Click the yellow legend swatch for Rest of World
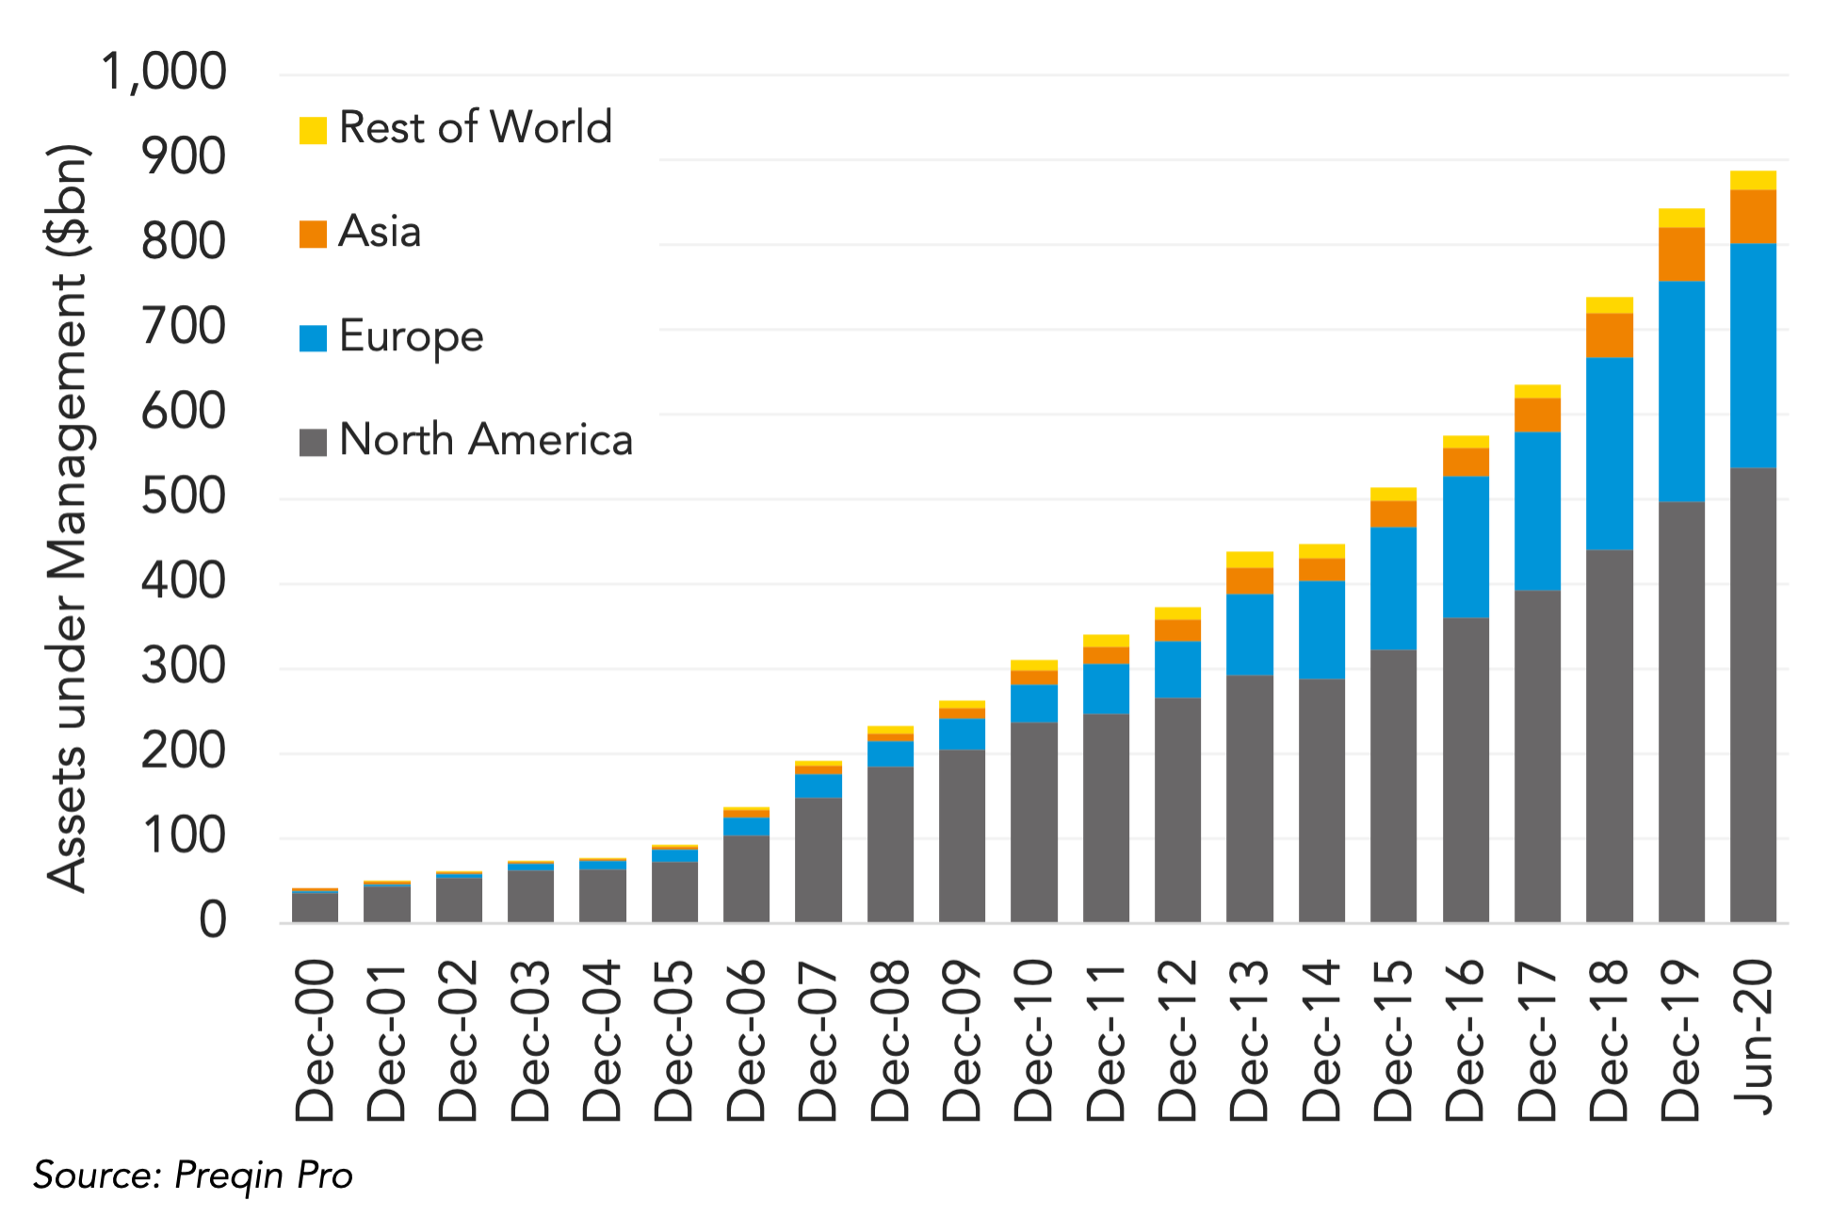click(x=313, y=130)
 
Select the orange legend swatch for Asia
click(x=313, y=234)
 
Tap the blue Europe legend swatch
click(x=313, y=338)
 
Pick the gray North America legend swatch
click(x=313, y=442)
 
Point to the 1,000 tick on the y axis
click(x=164, y=73)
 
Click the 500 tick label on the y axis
click(x=184, y=496)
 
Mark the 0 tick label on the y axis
click(x=213, y=920)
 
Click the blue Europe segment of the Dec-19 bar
click(x=1681, y=391)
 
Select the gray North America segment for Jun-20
click(x=1753, y=695)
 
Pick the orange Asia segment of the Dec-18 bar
click(x=1610, y=335)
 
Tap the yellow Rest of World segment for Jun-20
click(x=1753, y=181)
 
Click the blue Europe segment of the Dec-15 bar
click(x=1393, y=589)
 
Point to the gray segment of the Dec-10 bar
click(x=1034, y=822)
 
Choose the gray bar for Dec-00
click(x=315, y=907)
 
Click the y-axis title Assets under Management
click(x=68, y=518)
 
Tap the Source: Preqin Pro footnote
click(x=193, y=1176)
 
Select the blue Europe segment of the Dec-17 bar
click(x=1537, y=511)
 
